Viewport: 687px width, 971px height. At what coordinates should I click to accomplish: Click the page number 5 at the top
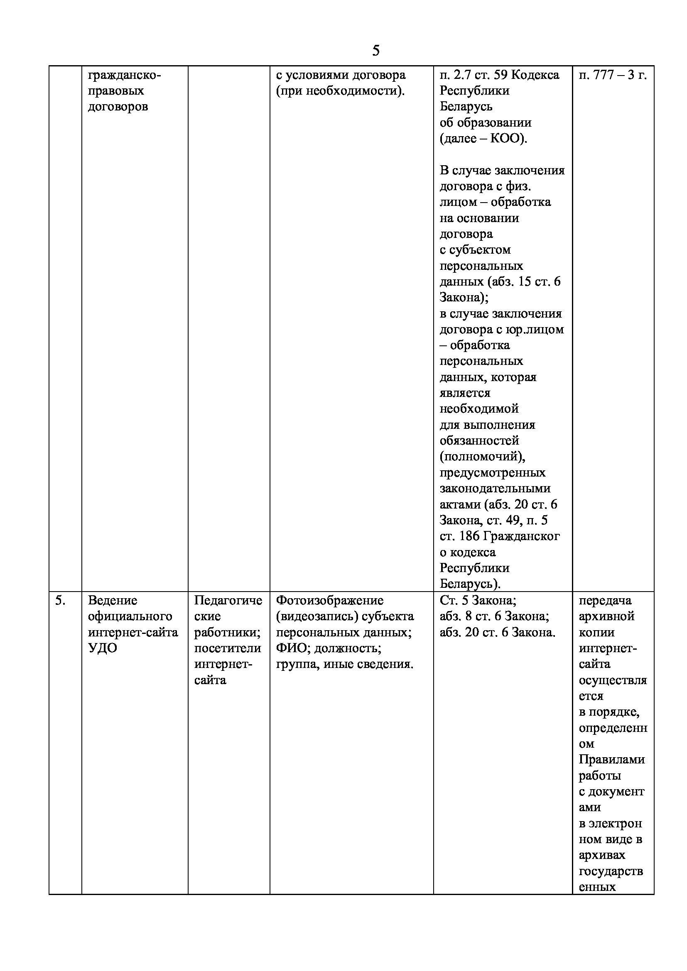click(375, 51)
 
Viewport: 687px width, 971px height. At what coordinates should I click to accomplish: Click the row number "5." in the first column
click(61, 600)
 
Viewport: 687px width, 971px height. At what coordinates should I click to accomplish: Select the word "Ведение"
click(113, 600)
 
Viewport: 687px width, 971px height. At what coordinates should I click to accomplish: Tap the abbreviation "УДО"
click(102, 648)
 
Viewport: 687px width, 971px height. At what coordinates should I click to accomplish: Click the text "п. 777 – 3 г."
click(613, 75)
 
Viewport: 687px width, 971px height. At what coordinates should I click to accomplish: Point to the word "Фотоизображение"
click(329, 600)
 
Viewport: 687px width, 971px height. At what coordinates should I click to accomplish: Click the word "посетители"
click(228, 648)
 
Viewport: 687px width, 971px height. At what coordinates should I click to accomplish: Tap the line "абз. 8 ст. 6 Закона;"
click(494, 616)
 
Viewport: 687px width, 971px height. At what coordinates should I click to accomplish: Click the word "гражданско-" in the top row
click(124, 75)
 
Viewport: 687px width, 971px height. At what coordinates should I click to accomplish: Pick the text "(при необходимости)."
click(340, 91)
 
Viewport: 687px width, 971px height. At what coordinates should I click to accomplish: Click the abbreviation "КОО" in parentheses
click(504, 139)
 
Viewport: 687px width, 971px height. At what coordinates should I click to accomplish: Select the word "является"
click(465, 393)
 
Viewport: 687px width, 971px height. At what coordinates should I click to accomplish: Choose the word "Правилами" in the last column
click(611, 759)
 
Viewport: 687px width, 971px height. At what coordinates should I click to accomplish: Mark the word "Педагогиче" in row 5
click(228, 600)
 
